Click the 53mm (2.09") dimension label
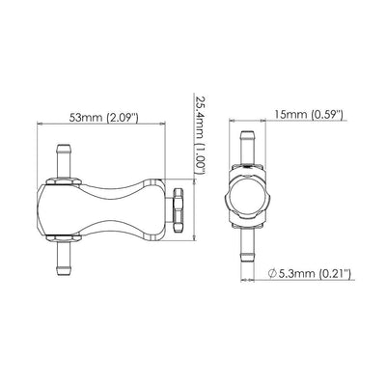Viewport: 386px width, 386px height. point(104,118)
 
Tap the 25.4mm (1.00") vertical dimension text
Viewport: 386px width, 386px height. point(200,134)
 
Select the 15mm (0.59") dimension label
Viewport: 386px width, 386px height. point(309,114)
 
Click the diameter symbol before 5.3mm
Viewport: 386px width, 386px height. point(272,274)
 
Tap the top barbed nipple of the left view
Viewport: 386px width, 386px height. point(65,162)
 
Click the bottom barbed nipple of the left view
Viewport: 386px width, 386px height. point(65,257)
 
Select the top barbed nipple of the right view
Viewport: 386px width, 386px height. point(247,149)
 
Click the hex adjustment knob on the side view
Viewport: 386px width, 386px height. point(178,210)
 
